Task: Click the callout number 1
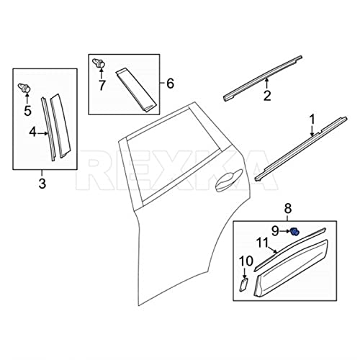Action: click(312, 117)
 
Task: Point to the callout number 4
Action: click(32, 132)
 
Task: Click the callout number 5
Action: click(28, 112)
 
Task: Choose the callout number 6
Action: click(170, 84)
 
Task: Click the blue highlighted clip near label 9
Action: click(294, 231)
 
